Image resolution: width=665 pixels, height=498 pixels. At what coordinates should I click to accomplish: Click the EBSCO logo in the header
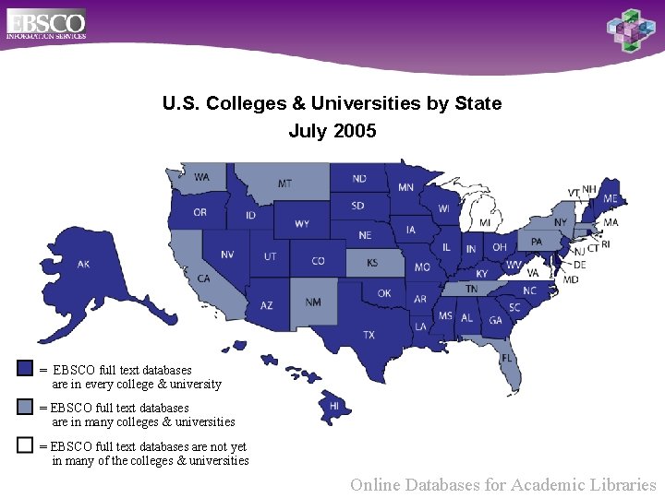point(46,23)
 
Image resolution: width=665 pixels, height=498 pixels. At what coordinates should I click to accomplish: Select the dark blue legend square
point(25,368)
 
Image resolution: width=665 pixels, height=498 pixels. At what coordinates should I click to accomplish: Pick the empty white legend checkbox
point(25,445)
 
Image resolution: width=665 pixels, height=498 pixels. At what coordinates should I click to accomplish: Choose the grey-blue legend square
point(25,407)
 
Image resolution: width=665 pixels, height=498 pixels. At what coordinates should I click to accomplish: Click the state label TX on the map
point(369,334)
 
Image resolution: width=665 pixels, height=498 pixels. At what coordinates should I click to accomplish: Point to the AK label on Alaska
point(83,265)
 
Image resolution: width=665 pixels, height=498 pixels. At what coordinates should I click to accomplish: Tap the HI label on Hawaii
point(334,405)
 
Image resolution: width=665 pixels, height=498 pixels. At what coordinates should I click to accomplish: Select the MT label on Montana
point(285,184)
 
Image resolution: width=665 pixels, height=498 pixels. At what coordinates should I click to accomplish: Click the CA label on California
point(203,278)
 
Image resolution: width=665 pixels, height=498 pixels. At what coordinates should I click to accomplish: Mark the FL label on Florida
point(507,358)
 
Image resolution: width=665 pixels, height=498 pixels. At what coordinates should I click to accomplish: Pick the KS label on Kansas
point(372,263)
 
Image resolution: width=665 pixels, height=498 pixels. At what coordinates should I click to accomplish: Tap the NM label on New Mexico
point(313,302)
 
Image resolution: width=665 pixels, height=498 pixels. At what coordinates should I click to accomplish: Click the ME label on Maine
point(611,198)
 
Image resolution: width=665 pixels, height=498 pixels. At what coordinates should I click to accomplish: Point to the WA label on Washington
point(201,177)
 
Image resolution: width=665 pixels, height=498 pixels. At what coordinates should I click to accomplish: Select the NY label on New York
point(561,222)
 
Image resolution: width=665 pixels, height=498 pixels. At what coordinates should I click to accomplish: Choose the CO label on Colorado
point(318,261)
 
